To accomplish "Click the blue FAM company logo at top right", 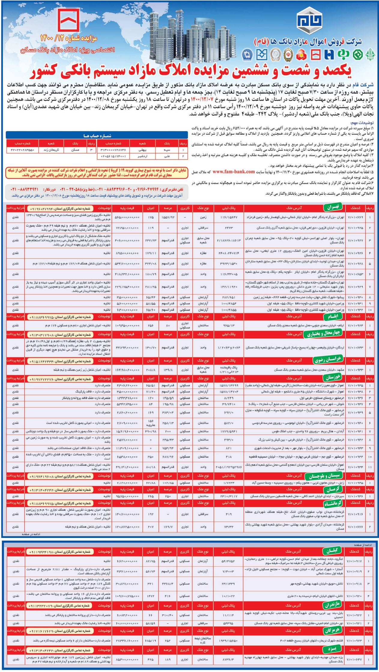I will coord(309,20).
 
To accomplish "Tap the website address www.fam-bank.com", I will coord(234,172).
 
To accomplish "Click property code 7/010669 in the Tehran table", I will coord(355,217).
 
